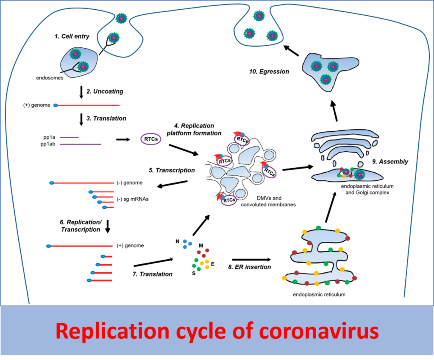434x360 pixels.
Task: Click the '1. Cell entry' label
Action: tap(72, 36)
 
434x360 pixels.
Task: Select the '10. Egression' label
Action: tap(269, 72)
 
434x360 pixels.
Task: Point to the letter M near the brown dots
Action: tap(201, 246)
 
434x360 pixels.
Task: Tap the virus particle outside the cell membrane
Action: tap(122, 18)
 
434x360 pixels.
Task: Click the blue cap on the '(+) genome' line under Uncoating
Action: tap(56, 105)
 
